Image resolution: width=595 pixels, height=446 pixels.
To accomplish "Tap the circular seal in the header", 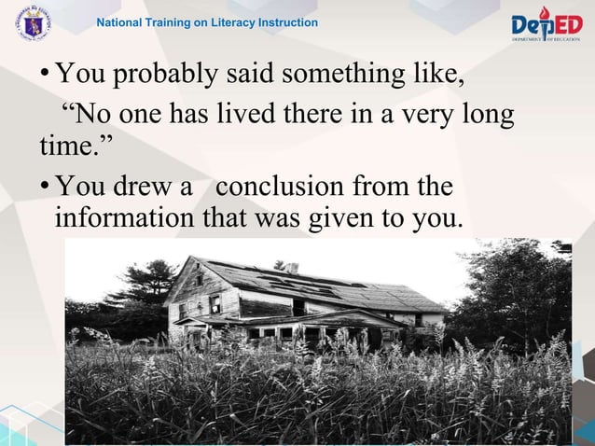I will tap(34, 23).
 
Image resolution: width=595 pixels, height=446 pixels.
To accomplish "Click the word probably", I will tap(160, 75).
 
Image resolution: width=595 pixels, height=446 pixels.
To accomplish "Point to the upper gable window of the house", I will tap(199, 278).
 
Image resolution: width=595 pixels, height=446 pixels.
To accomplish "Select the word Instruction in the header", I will tap(287, 22).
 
